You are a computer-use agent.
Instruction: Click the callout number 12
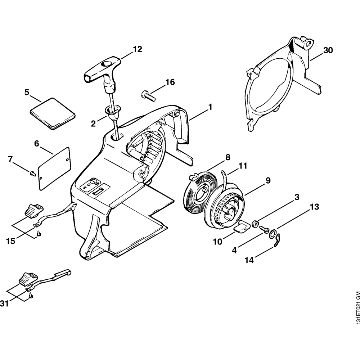pyautogui.click(x=137, y=49)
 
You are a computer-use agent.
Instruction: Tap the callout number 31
pyautogui.click(x=4, y=304)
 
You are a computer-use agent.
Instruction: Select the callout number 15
pyautogui.click(x=10, y=240)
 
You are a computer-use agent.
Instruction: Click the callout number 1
pyautogui.click(x=210, y=107)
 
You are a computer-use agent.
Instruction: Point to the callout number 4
pyautogui.click(x=234, y=249)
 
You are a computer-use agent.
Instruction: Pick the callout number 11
pyautogui.click(x=243, y=166)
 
